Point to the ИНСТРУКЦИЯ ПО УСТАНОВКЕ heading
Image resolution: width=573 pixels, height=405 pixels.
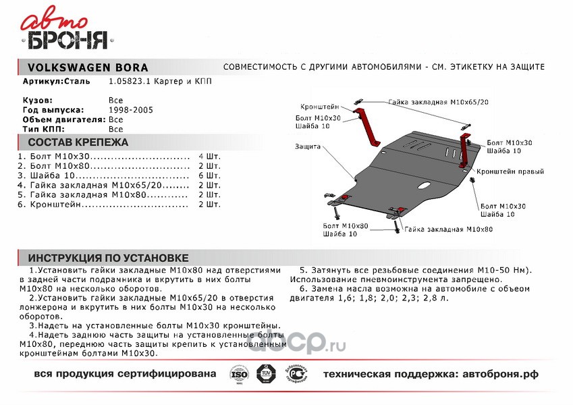[x=109, y=258]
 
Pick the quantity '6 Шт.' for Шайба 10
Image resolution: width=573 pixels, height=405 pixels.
[x=209, y=175]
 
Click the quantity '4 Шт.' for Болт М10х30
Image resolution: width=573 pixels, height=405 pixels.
[x=209, y=156]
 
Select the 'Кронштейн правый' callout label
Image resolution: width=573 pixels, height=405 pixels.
[x=510, y=172]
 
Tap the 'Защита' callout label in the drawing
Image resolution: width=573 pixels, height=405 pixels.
[x=308, y=146]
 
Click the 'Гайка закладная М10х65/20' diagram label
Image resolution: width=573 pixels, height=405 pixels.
[x=439, y=102]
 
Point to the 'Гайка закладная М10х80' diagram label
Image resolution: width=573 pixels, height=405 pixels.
[x=449, y=230]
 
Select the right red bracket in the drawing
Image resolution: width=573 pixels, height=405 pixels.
[x=465, y=151]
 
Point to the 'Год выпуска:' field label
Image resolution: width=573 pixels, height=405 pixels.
[x=53, y=109]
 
